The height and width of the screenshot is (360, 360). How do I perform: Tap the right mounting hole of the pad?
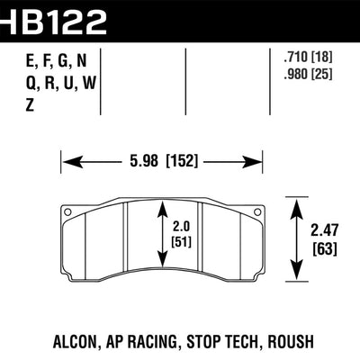tap(259, 213)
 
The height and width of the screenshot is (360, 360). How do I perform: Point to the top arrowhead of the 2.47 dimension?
tap(296, 203)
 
